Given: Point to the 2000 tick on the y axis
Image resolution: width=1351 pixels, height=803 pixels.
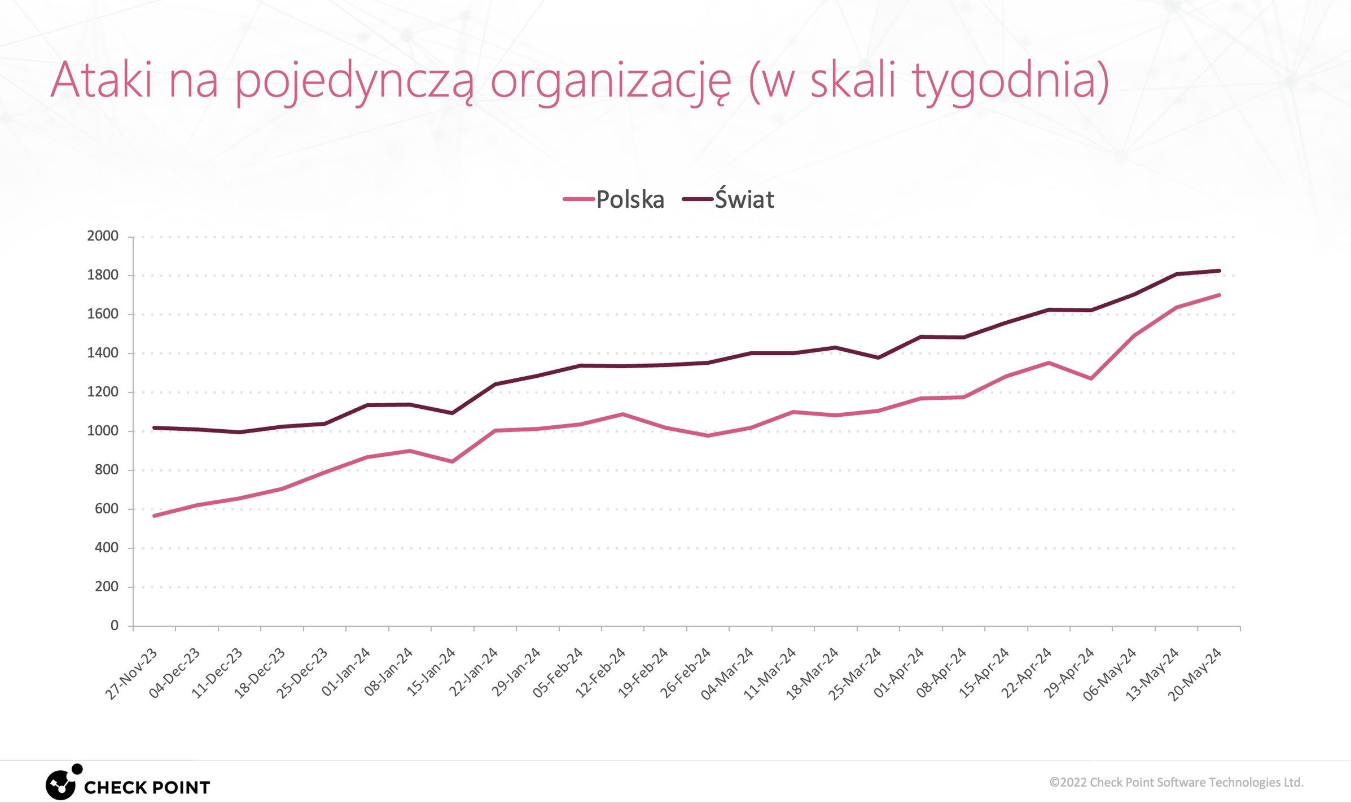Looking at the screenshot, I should click(103, 236).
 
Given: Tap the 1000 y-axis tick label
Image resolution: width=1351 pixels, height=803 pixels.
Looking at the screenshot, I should click(103, 431).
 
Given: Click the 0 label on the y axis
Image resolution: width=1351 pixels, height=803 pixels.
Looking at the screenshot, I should click(115, 625).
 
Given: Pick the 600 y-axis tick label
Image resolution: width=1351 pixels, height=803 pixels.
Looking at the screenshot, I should click(107, 509).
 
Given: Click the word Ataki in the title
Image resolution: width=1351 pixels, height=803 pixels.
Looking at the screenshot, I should click(102, 80).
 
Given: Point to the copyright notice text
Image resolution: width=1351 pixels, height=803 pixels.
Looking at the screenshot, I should click(1176, 782).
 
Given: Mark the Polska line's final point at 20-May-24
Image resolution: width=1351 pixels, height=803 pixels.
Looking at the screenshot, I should click(1219, 295).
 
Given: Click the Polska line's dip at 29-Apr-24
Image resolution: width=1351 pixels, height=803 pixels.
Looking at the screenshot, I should click(1091, 378).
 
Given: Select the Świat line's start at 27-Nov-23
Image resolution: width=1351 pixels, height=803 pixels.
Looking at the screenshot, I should click(154, 427).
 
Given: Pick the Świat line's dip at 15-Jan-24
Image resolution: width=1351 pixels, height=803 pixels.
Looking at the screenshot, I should click(452, 413).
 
